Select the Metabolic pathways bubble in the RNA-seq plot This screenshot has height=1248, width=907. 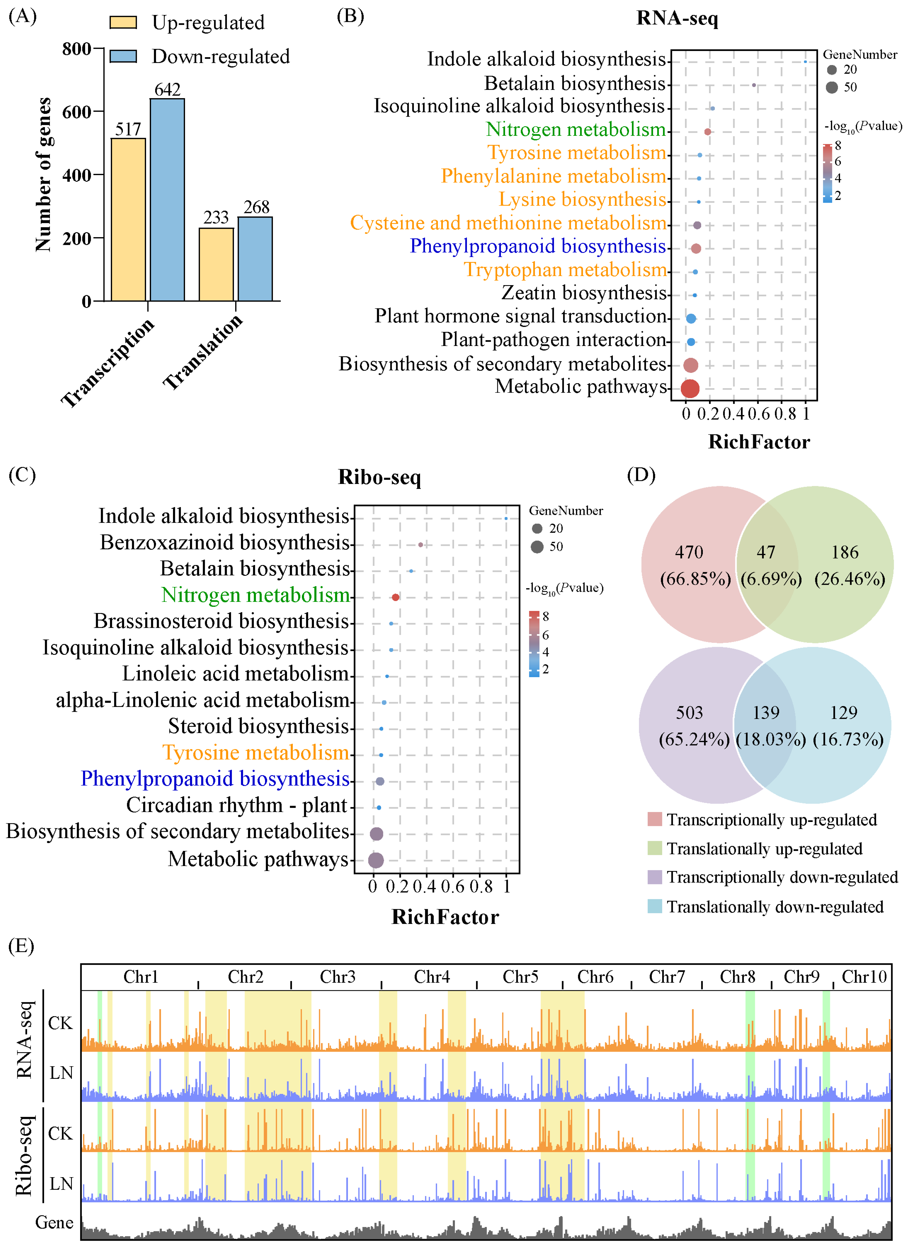[690, 388]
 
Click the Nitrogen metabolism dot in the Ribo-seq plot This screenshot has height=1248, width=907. [395, 597]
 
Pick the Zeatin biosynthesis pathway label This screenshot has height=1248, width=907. [584, 293]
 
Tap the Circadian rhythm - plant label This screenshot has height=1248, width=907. [237, 805]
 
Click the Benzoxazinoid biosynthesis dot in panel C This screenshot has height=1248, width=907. [420, 545]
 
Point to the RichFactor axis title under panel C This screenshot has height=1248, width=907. [445, 917]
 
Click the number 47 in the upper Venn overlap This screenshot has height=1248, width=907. [766, 552]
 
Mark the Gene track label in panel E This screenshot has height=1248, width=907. [54, 1223]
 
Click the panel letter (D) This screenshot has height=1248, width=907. [641, 474]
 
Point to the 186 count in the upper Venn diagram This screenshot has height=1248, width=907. [845, 552]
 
